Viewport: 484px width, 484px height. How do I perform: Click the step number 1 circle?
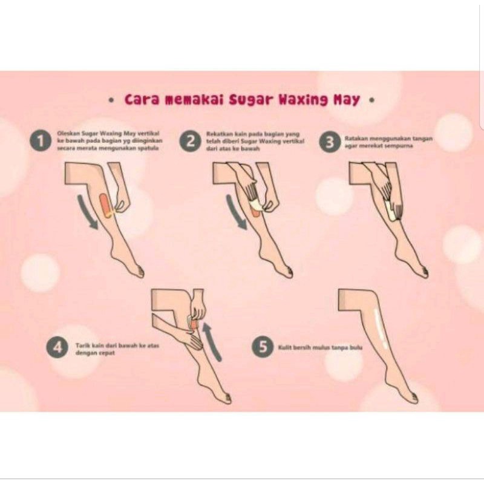tap(41, 142)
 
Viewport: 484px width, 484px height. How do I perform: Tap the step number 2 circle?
tap(190, 142)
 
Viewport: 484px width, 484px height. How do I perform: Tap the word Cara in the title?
tap(143, 99)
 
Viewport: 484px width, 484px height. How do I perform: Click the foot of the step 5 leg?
tap(407, 396)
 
